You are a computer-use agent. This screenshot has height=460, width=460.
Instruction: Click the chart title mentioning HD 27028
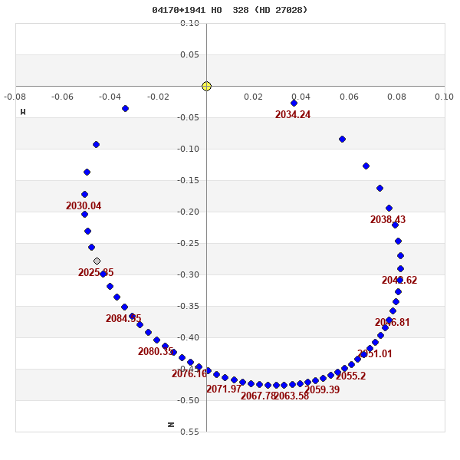230,10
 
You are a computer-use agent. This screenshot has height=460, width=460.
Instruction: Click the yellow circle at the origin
206,86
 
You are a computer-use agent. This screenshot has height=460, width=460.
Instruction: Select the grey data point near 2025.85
97,261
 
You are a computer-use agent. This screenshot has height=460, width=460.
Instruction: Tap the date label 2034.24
293,115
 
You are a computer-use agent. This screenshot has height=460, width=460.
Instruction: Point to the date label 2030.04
84,206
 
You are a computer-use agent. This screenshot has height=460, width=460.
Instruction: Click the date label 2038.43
388,220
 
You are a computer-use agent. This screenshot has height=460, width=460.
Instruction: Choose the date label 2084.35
123,319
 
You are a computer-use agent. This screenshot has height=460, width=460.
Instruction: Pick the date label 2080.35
156,352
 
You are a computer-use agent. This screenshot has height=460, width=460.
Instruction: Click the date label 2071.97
224,389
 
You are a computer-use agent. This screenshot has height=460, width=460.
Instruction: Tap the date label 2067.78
258,396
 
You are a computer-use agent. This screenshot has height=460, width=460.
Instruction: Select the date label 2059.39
322,390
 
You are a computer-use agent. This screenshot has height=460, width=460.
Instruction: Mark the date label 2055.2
350,376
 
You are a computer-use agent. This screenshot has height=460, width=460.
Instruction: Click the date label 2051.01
375,354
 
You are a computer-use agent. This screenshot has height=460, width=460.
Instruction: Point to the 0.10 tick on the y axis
190,23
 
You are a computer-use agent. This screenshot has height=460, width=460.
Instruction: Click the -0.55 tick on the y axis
189,432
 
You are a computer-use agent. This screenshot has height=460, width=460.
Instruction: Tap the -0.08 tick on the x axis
15,97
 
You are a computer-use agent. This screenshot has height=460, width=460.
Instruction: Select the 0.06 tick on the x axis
349,97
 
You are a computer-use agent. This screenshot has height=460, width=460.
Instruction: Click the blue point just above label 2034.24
294,103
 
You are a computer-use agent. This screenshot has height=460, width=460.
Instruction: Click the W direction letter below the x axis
23,112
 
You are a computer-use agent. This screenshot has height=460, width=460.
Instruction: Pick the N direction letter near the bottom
171,424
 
